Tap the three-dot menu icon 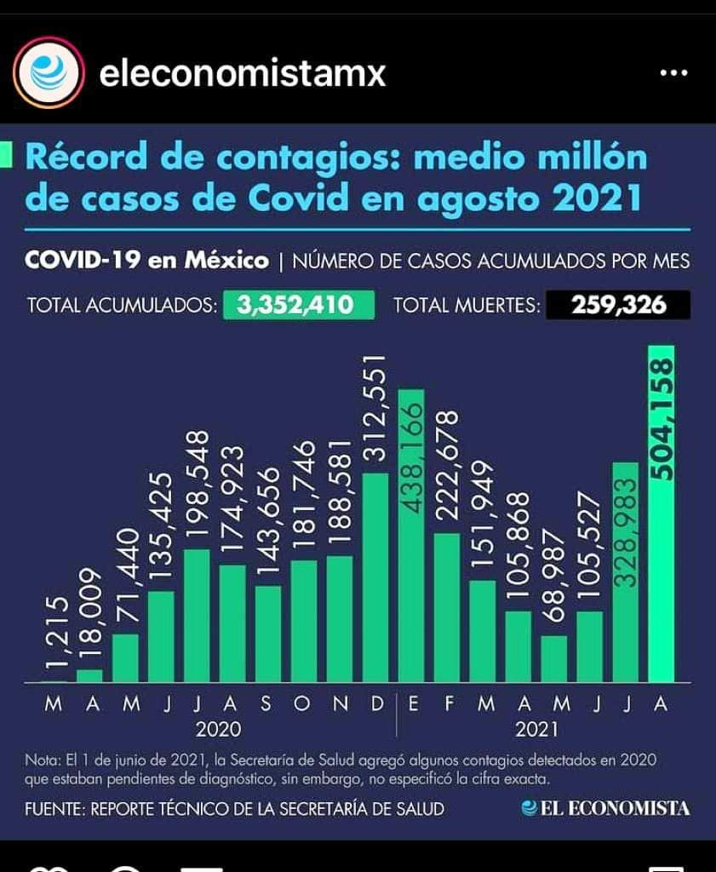[x=673, y=73]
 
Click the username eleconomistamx [x=243, y=74]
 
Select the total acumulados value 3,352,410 [x=299, y=305]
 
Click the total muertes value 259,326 [x=618, y=305]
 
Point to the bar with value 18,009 [x=89, y=675]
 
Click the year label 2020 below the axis [x=218, y=729]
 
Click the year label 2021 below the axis [x=536, y=729]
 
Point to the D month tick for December [x=375, y=705]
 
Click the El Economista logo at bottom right [x=606, y=807]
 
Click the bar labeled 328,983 [x=625, y=571]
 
